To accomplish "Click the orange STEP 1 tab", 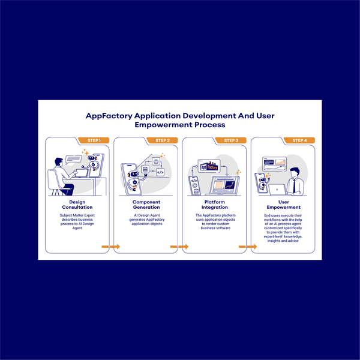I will coord(94,140).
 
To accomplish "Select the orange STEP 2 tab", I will coord(162,140).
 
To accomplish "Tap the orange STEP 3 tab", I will coord(230,140).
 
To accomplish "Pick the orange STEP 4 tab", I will coord(299,140).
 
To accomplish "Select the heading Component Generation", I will coord(146,205).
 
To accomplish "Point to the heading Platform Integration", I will coord(214,205).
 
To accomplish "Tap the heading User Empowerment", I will coord(283,205).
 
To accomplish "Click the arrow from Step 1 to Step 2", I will coord(111,247).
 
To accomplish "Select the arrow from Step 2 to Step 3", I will coord(179,247).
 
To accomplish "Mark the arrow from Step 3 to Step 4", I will coord(248,247).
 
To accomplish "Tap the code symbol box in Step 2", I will coord(160,172).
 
